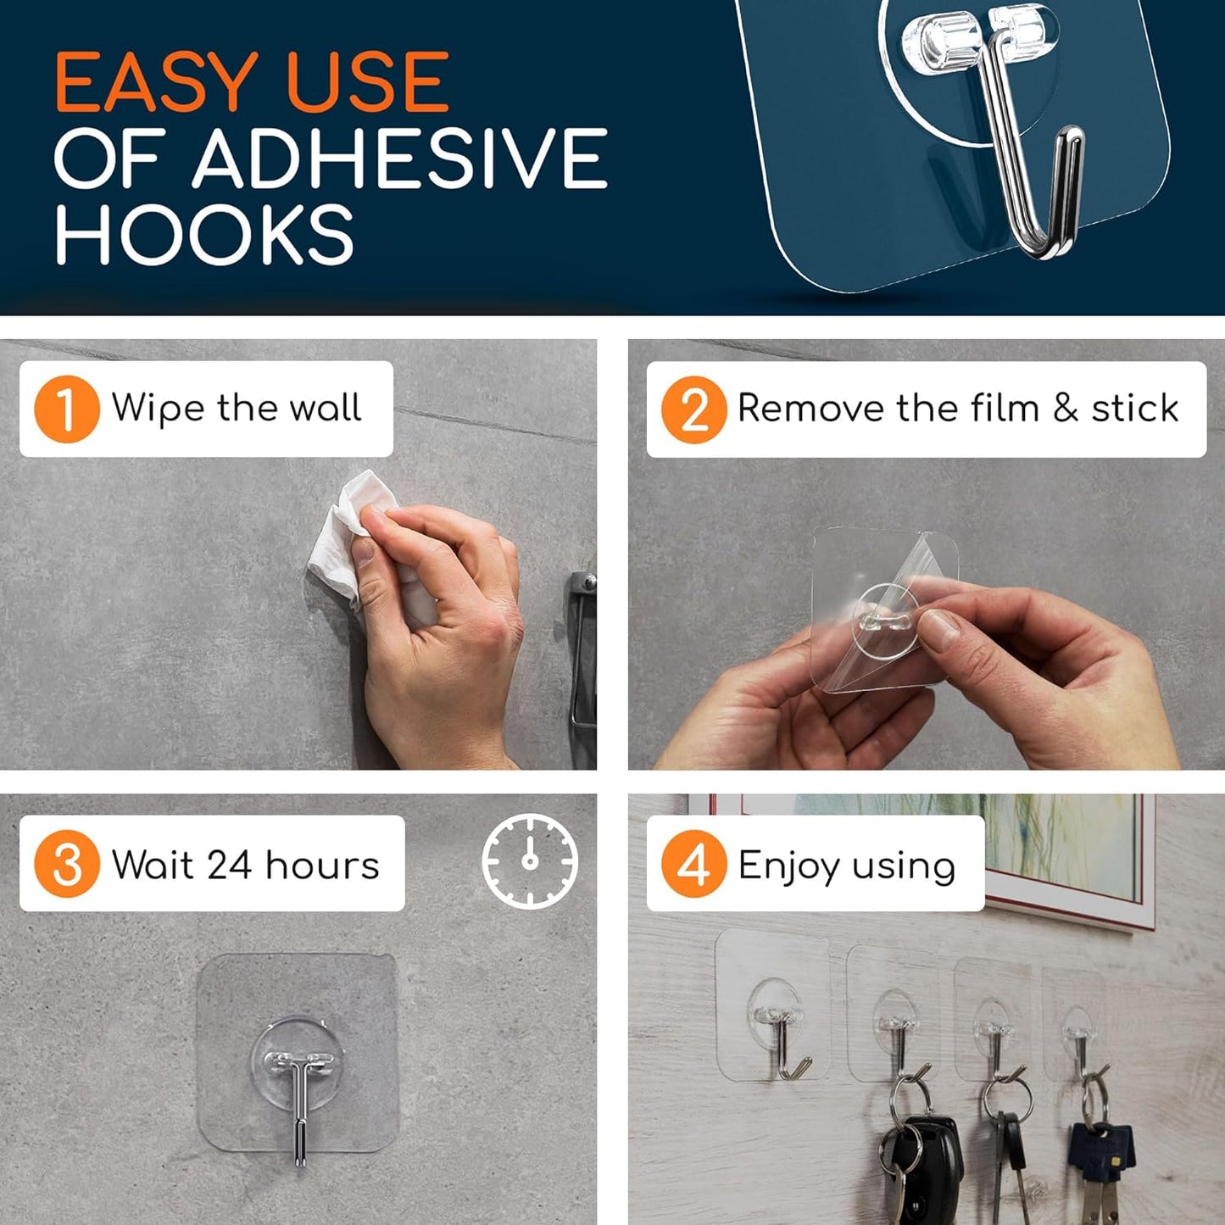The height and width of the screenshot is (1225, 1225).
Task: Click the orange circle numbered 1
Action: click(x=67, y=409)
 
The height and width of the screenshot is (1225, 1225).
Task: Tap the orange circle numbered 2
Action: click(x=693, y=409)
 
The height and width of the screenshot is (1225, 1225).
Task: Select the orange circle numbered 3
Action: click(x=67, y=864)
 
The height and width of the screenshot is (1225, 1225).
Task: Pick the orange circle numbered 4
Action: click(x=693, y=864)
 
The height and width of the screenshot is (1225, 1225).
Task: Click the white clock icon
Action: click(x=530, y=861)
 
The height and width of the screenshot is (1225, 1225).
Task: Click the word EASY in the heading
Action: click(x=156, y=83)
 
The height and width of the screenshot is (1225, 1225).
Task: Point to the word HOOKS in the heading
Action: click(x=204, y=235)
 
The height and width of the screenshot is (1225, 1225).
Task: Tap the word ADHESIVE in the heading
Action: click(x=399, y=159)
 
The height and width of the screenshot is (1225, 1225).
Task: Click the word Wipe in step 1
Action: click(x=158, y=409)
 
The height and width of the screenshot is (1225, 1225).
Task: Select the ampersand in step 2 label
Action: click(x=1066, y=409)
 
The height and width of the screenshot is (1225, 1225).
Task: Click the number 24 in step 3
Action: click(x=229, y=865)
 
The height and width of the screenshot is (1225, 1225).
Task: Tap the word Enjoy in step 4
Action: click(x=788, y=866)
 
